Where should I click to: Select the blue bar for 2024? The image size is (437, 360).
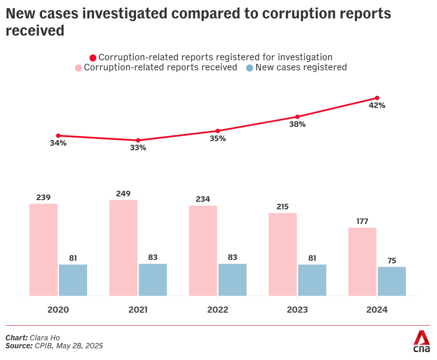(x=392, y=281)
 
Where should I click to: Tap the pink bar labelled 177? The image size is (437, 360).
(x=362, y=262)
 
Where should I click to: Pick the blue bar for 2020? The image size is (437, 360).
(x=73, y=280)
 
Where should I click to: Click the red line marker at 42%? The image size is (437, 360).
(x=377, y=98)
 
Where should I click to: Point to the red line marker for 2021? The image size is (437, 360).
(x=138, y=140)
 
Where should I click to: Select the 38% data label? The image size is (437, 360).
(x=297, y=124)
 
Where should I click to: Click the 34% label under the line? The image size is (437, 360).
(x=58, y=143)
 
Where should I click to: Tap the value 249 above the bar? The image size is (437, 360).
(x=123, y=194)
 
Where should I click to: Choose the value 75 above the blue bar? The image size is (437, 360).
(x=392, y=260)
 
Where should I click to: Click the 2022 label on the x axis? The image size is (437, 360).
(x=218, y=310)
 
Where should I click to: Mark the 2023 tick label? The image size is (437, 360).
(x=297, y=310)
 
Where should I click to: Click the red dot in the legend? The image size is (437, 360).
(x=93, y=58)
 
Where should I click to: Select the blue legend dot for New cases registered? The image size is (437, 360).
(x=249, y=68)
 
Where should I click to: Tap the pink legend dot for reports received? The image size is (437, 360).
(x=78, y=68)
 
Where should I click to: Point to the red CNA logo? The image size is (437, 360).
(x=422, y=341)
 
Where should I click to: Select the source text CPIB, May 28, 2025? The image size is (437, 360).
(x=69, y=346)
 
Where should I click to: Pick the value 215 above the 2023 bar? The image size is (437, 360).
(x=283, y=207)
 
